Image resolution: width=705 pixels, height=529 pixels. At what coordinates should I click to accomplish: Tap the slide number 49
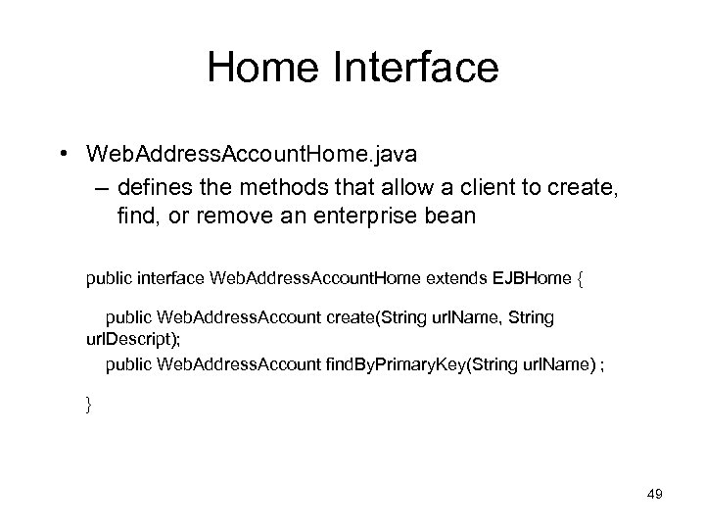click(x=654, y=495)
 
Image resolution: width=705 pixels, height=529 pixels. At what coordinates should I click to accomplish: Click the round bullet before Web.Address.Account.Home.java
click(x=62, y=154)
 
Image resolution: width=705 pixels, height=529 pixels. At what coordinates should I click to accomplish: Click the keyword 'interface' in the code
click(x=171, y=282)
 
